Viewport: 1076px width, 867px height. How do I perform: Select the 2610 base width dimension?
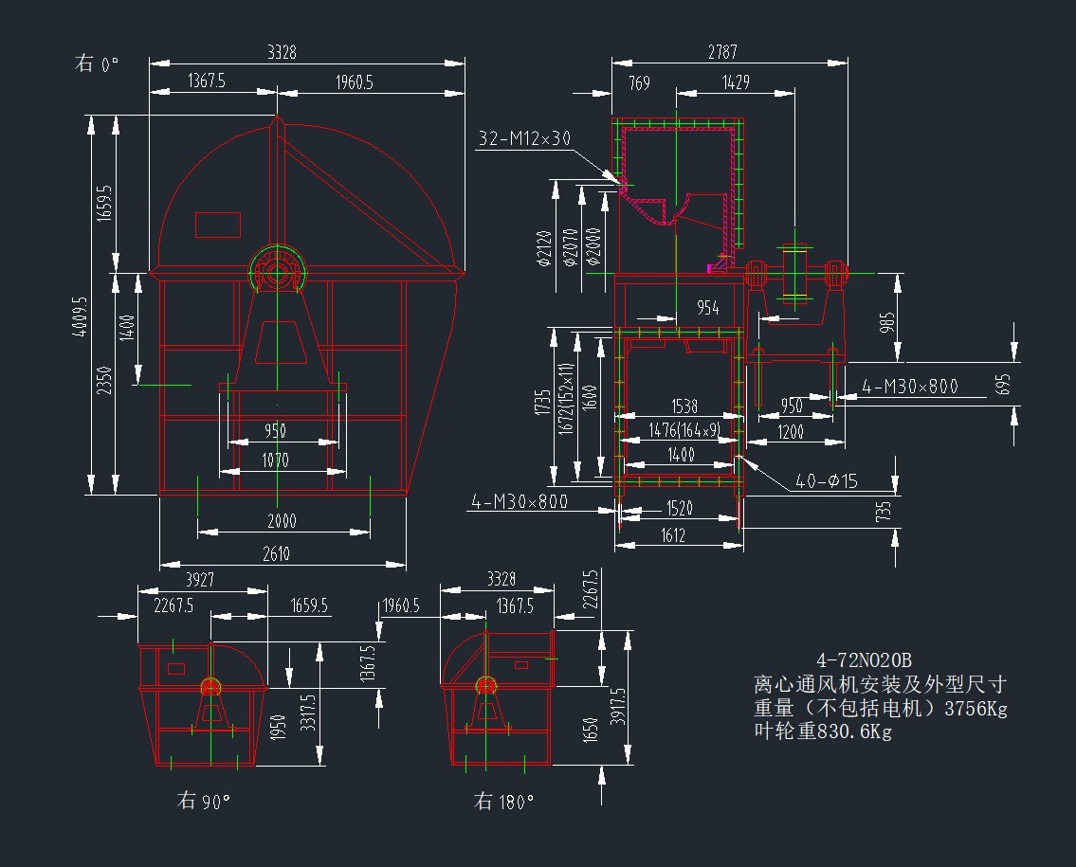(x=276, y=554)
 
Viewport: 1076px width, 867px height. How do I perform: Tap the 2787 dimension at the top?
(x=722, y=52)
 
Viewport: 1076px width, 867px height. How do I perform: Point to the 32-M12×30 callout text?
(x=524, y=138)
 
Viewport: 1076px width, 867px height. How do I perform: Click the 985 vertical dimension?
(x=887, y=323)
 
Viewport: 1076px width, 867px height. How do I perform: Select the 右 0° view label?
(x=98, y=64)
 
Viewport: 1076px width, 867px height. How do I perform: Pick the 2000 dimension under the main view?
(x=282, y=521)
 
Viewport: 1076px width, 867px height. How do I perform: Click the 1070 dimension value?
(x=276, y=461)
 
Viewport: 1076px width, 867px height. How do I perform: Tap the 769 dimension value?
(x=639, y=83)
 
